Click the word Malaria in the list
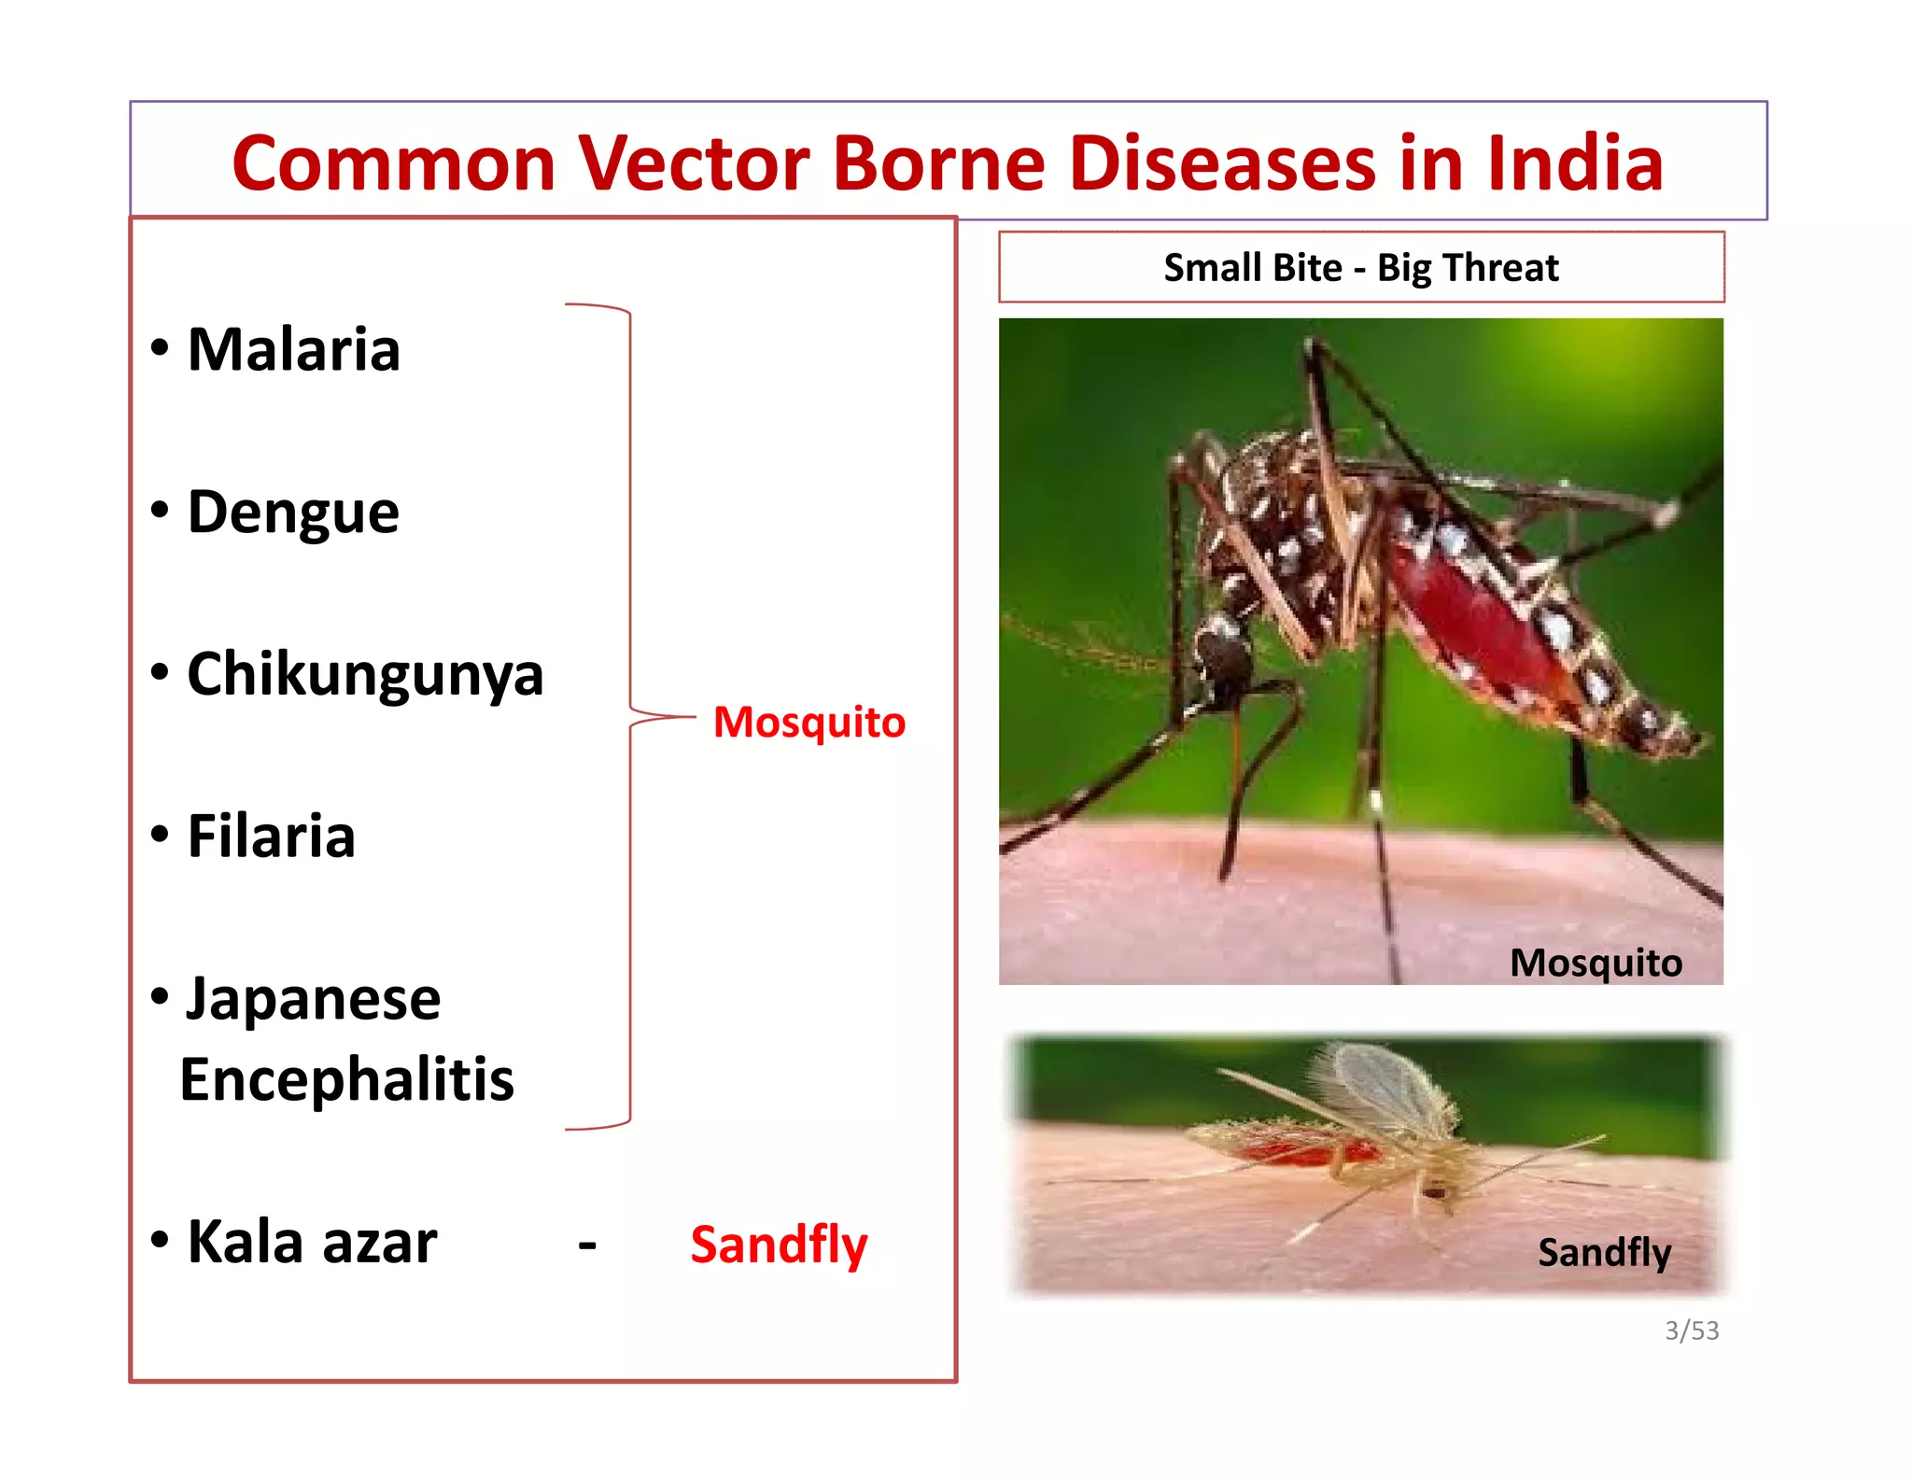293,349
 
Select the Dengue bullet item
292,513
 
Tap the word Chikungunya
365,674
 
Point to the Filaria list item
271,836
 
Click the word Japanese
313,999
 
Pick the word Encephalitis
346,1079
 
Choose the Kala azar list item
312,1242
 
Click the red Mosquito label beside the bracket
808,722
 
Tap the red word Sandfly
779,1245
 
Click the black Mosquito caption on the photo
1596,963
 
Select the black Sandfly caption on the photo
1604,1252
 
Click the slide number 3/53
1691,1330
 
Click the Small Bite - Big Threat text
1360,268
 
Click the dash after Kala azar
587,1244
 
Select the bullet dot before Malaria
160,347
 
